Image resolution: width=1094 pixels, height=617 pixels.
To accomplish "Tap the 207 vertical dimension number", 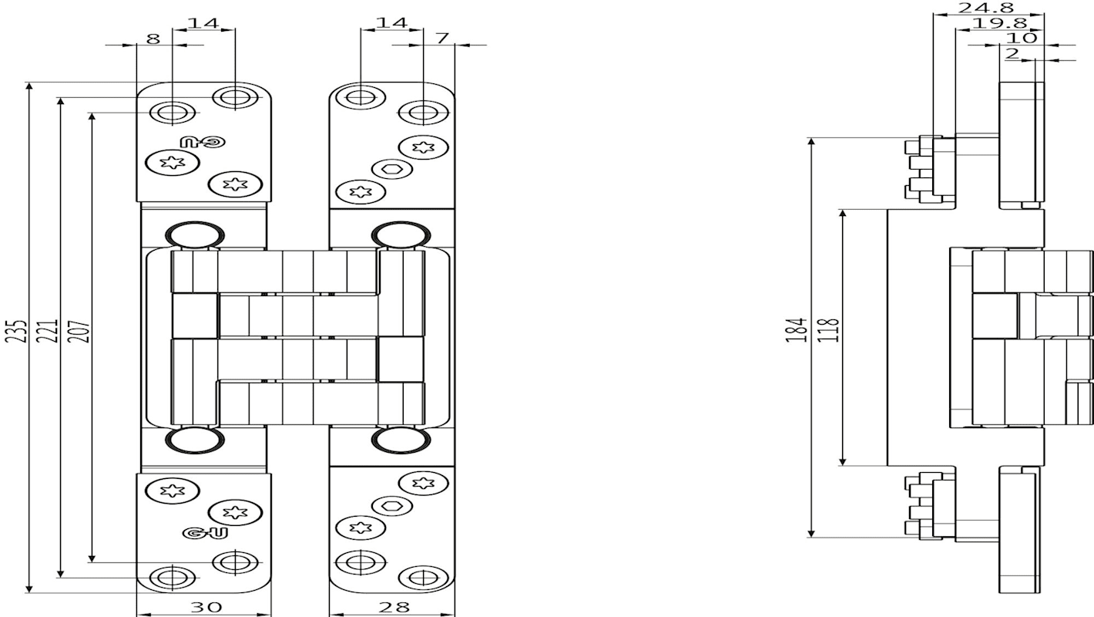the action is [x=81, y=331].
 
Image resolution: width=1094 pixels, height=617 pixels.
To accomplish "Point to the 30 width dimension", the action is [x=206, y=607].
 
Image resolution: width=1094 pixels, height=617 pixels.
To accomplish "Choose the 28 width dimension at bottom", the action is [x=394, y=607].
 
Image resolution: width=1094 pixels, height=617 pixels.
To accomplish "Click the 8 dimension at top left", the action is [x=153, y=39].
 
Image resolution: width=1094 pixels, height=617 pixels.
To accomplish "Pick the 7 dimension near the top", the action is [x=442, y=38].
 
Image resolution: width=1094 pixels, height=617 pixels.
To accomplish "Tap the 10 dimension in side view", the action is [x=1022, y=38].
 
